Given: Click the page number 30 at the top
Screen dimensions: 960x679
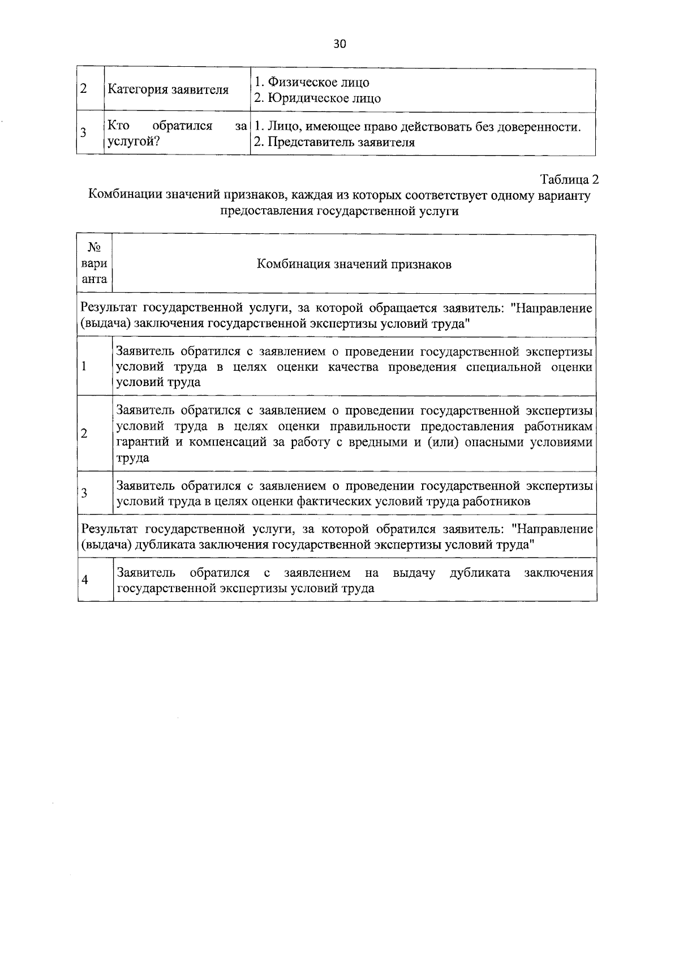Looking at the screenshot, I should pyautogui.click(x=339, y=45).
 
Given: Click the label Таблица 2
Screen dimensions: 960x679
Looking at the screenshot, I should pyautogui.click(x=569, y=180).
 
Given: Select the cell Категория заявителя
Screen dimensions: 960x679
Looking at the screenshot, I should pyautogui.click(x=168, y=90).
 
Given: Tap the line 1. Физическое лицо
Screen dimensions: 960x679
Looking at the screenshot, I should pyautogui.click(x=311, y=82).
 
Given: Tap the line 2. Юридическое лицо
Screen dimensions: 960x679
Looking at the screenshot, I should pyautogui.click(x=317, y=98).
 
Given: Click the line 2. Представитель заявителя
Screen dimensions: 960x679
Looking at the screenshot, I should pyautogui.click(x=334, y=142).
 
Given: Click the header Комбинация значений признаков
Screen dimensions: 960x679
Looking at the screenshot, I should pyautogui.click(x=354, y=264).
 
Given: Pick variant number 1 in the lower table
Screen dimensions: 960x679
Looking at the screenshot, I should pyautogui.click(x=84, y=366).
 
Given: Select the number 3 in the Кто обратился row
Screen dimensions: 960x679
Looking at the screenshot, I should pyautogui.click(x=83, y=134).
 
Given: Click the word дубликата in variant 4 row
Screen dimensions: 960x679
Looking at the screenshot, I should pyautogui.click(x=480, y=572).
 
